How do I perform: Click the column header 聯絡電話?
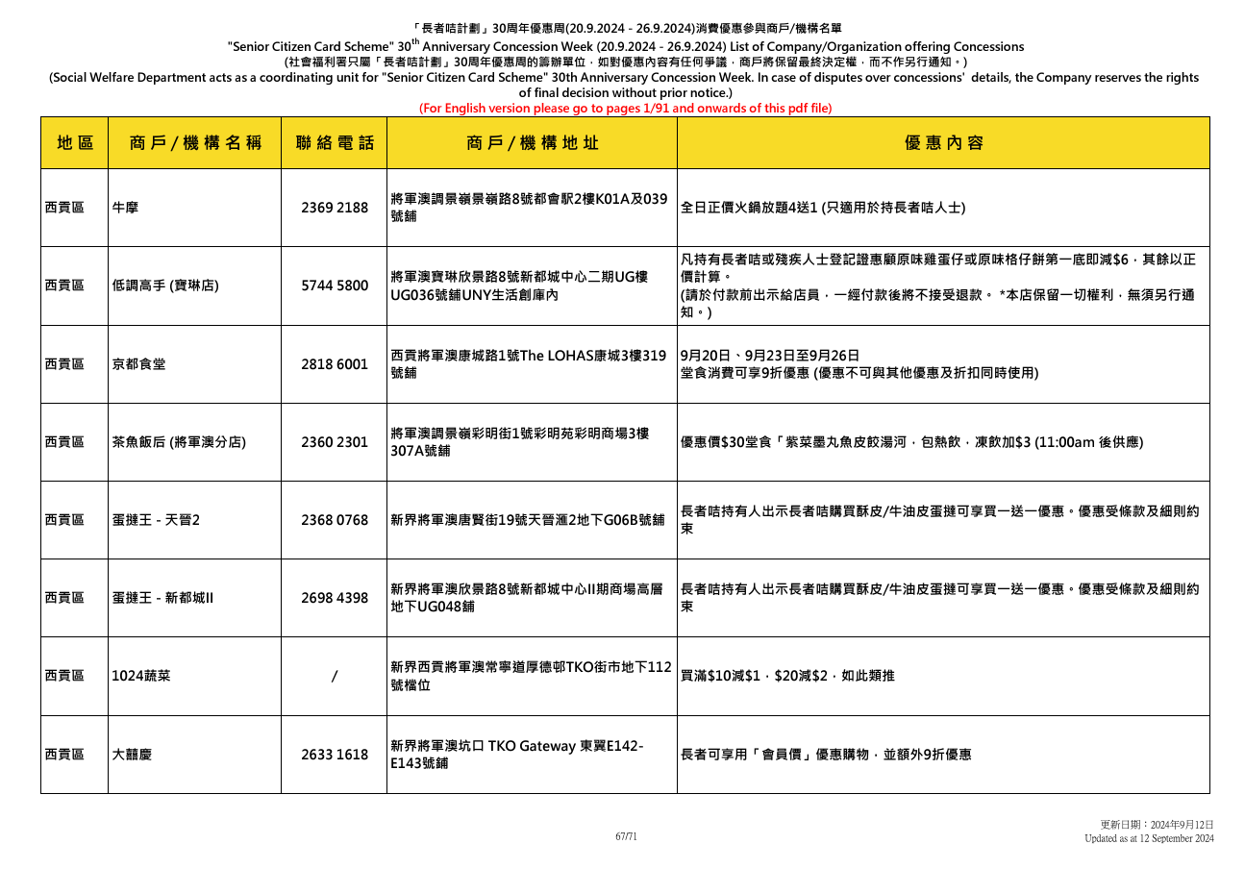coord(334,143)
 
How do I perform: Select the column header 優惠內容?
coord(943,143)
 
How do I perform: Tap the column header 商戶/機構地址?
coord(532,143)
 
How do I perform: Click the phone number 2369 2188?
coord(334,208)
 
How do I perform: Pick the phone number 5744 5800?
coord(334,286)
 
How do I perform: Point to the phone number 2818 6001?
coord(334,364)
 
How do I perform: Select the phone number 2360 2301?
coord(334,442)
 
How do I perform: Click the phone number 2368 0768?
coord(334,520)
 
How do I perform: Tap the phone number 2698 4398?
coord(334,598)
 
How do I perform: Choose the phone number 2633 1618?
coord(334,755)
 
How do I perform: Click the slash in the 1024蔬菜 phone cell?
coord(334,677)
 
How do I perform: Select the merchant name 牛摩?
coord(125,208)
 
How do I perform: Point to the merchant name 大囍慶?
coord(133,755)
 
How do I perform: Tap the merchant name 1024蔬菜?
coord(141,677)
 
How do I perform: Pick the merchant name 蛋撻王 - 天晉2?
coord(156,520)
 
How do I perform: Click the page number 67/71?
coord(626,836)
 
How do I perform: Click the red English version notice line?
coord(625,109)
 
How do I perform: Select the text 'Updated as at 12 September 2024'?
coord(1149,839)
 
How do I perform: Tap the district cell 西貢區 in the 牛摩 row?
coord(64,208)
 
